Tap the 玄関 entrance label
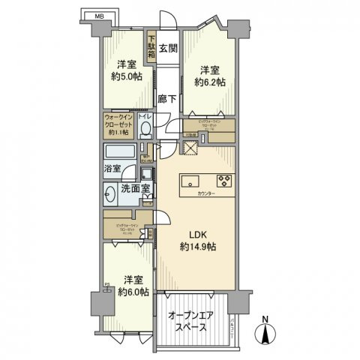pos(168,49)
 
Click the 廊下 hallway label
pos(168,98)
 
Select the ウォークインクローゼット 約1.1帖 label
pos(118,125)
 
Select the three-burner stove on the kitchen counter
pos(223,180)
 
